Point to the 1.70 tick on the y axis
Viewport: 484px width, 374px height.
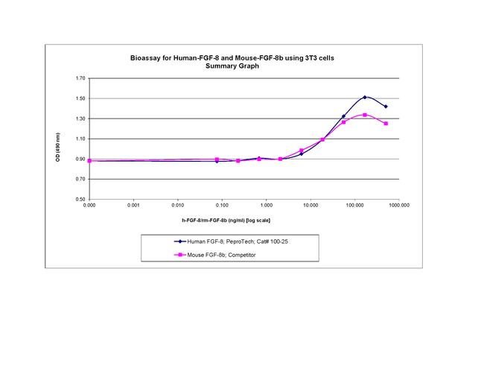pyautogui.click(x=78, y=78)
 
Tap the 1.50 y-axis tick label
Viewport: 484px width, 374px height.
pyautogui.click(x=78, y=98)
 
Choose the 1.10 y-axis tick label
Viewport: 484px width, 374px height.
pyautogui.click(x=78, y=139)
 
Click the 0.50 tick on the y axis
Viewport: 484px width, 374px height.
pyautogui.click(x=78, y=200)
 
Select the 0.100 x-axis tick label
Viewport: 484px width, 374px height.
pyautogui.click(x=221, y=205)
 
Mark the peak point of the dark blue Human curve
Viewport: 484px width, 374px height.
pyautogui.click(x=365, y=97)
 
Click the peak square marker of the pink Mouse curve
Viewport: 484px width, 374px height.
pyautogui.click(x=365, y=115)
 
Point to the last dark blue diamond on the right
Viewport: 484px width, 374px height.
pyautogui.click(x=386, y=107)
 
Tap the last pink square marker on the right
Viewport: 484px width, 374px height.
pyautogui.click(x=386, y=124)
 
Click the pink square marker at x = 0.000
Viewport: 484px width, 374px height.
pyautogui.click(x=89, y=160)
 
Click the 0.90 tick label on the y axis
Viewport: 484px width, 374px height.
pyautogui.click(x=78, y=159)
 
